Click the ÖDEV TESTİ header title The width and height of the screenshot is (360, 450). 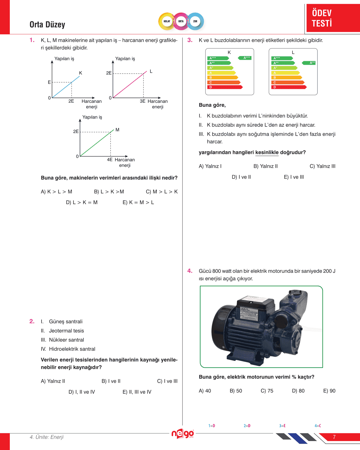[322, 18]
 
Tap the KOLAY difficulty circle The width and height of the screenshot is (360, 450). [167, 21]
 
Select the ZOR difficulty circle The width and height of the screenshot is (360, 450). [195, 21]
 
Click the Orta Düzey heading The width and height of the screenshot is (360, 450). [47, 25]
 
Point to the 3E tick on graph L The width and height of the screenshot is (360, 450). [143, 101]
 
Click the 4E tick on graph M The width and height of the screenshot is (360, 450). [110, 160]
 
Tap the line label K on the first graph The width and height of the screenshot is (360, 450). [81, 73]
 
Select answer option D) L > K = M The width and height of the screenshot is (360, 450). [82, 202]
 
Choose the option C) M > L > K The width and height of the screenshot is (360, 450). [162, 192]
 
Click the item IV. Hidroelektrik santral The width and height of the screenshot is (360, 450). [68, 349]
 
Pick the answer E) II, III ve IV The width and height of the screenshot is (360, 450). [137, 392]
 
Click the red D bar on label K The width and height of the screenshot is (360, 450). [225, 87]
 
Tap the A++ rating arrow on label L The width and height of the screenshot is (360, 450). [309, 63]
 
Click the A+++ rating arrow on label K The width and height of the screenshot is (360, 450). [245, 58]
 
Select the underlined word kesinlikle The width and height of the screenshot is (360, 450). [267, 152]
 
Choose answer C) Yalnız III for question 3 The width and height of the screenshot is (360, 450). [322, 166]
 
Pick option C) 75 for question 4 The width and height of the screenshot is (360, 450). [267, 391]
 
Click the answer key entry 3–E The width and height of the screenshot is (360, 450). [282, 426]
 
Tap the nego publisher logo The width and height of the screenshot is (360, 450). [182, 434]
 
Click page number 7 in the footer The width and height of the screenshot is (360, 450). [334, 437]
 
